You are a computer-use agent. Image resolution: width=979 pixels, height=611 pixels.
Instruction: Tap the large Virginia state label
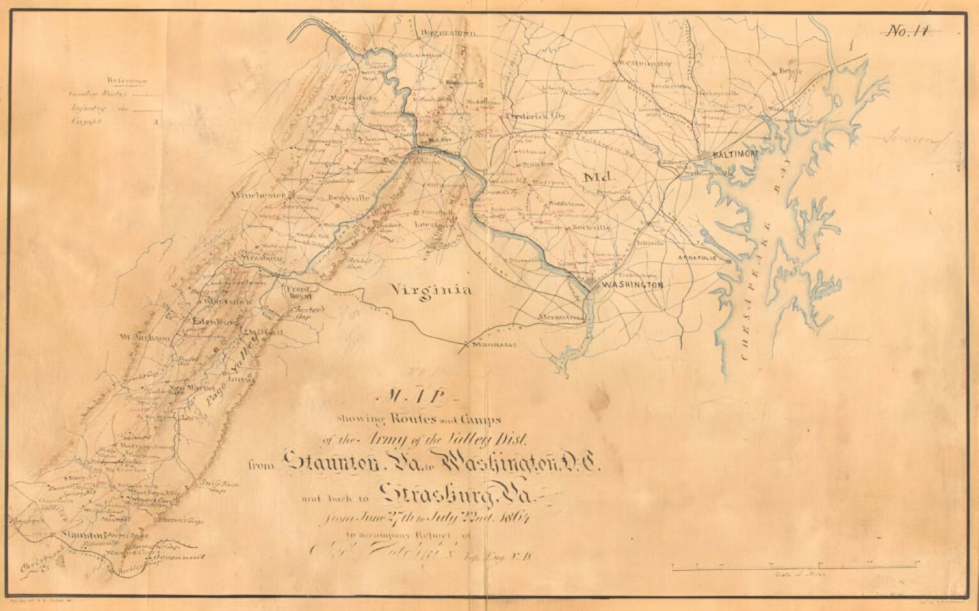[432, 290]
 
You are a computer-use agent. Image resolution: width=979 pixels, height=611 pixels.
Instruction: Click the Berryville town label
[349, 198]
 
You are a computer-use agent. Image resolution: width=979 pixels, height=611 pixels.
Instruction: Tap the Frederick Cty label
[535, 117]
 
